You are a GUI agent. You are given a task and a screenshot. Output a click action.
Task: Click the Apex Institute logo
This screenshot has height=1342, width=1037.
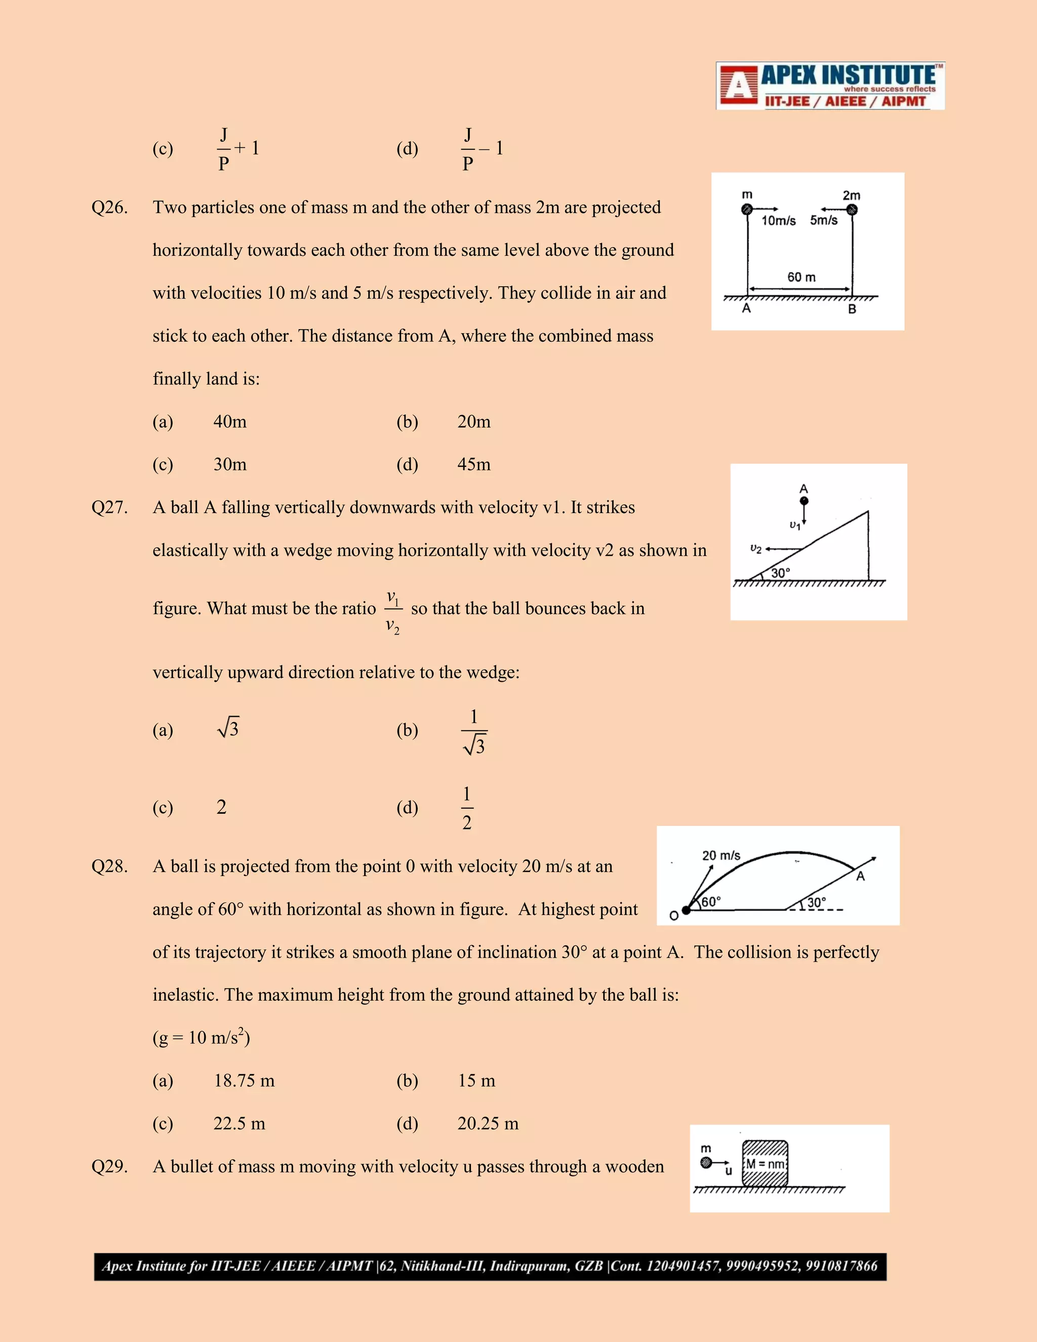[829, 86]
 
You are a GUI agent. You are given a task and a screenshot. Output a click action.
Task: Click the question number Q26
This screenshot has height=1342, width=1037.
[109, 208]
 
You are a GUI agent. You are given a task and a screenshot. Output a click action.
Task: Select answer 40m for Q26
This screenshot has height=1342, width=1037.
[230, 422]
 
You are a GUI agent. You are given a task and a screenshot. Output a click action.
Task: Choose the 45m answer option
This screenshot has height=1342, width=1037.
[473, 464]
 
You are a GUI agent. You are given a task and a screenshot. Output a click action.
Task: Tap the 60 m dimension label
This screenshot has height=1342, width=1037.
[801, 277]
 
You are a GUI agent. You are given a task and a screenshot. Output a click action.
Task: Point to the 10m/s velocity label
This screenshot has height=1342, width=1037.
[778, 221]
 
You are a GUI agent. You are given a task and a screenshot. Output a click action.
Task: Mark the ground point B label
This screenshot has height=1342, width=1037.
[852, 309]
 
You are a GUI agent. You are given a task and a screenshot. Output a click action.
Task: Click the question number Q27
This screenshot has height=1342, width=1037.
[109, 507]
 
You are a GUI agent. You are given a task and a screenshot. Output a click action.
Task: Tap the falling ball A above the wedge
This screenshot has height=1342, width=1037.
[804, 501]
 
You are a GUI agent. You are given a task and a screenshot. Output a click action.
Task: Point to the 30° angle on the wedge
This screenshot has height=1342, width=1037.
[780, 573]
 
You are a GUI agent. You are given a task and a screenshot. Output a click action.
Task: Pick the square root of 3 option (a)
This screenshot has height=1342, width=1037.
[228, 729]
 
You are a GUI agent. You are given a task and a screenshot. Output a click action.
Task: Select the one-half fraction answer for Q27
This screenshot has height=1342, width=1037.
[467, 808]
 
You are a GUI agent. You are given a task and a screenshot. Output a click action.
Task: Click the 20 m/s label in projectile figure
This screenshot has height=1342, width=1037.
[721, 855]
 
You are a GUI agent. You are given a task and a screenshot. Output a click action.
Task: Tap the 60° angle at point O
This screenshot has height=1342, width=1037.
[711, 901]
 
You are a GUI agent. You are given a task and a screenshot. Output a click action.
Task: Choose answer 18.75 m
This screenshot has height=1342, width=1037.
[244, 1081]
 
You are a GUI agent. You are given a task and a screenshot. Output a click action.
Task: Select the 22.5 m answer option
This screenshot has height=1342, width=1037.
[239, 1124]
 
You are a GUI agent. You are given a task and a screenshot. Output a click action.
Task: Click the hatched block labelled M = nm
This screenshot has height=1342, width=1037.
[765, 1164]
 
